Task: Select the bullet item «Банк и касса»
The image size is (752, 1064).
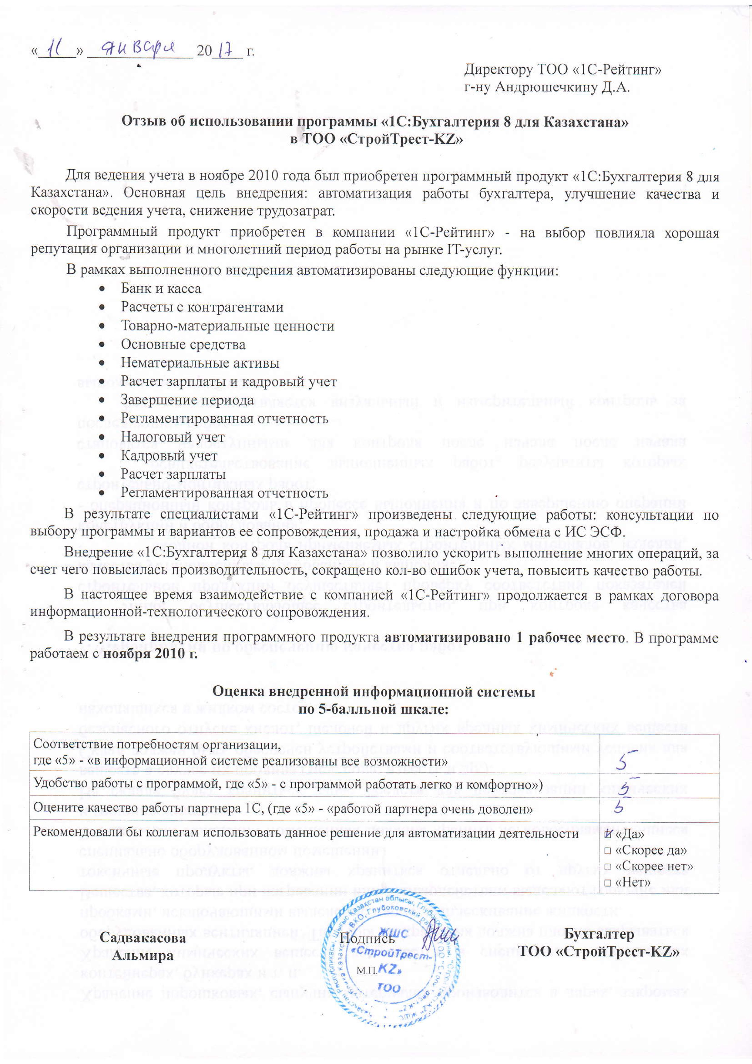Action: tap(161, 289)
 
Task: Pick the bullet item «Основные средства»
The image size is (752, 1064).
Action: tap(183, 344)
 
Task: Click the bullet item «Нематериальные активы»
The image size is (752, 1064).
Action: tap(200, 363)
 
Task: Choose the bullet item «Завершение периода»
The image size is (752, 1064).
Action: tap(187, 400)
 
